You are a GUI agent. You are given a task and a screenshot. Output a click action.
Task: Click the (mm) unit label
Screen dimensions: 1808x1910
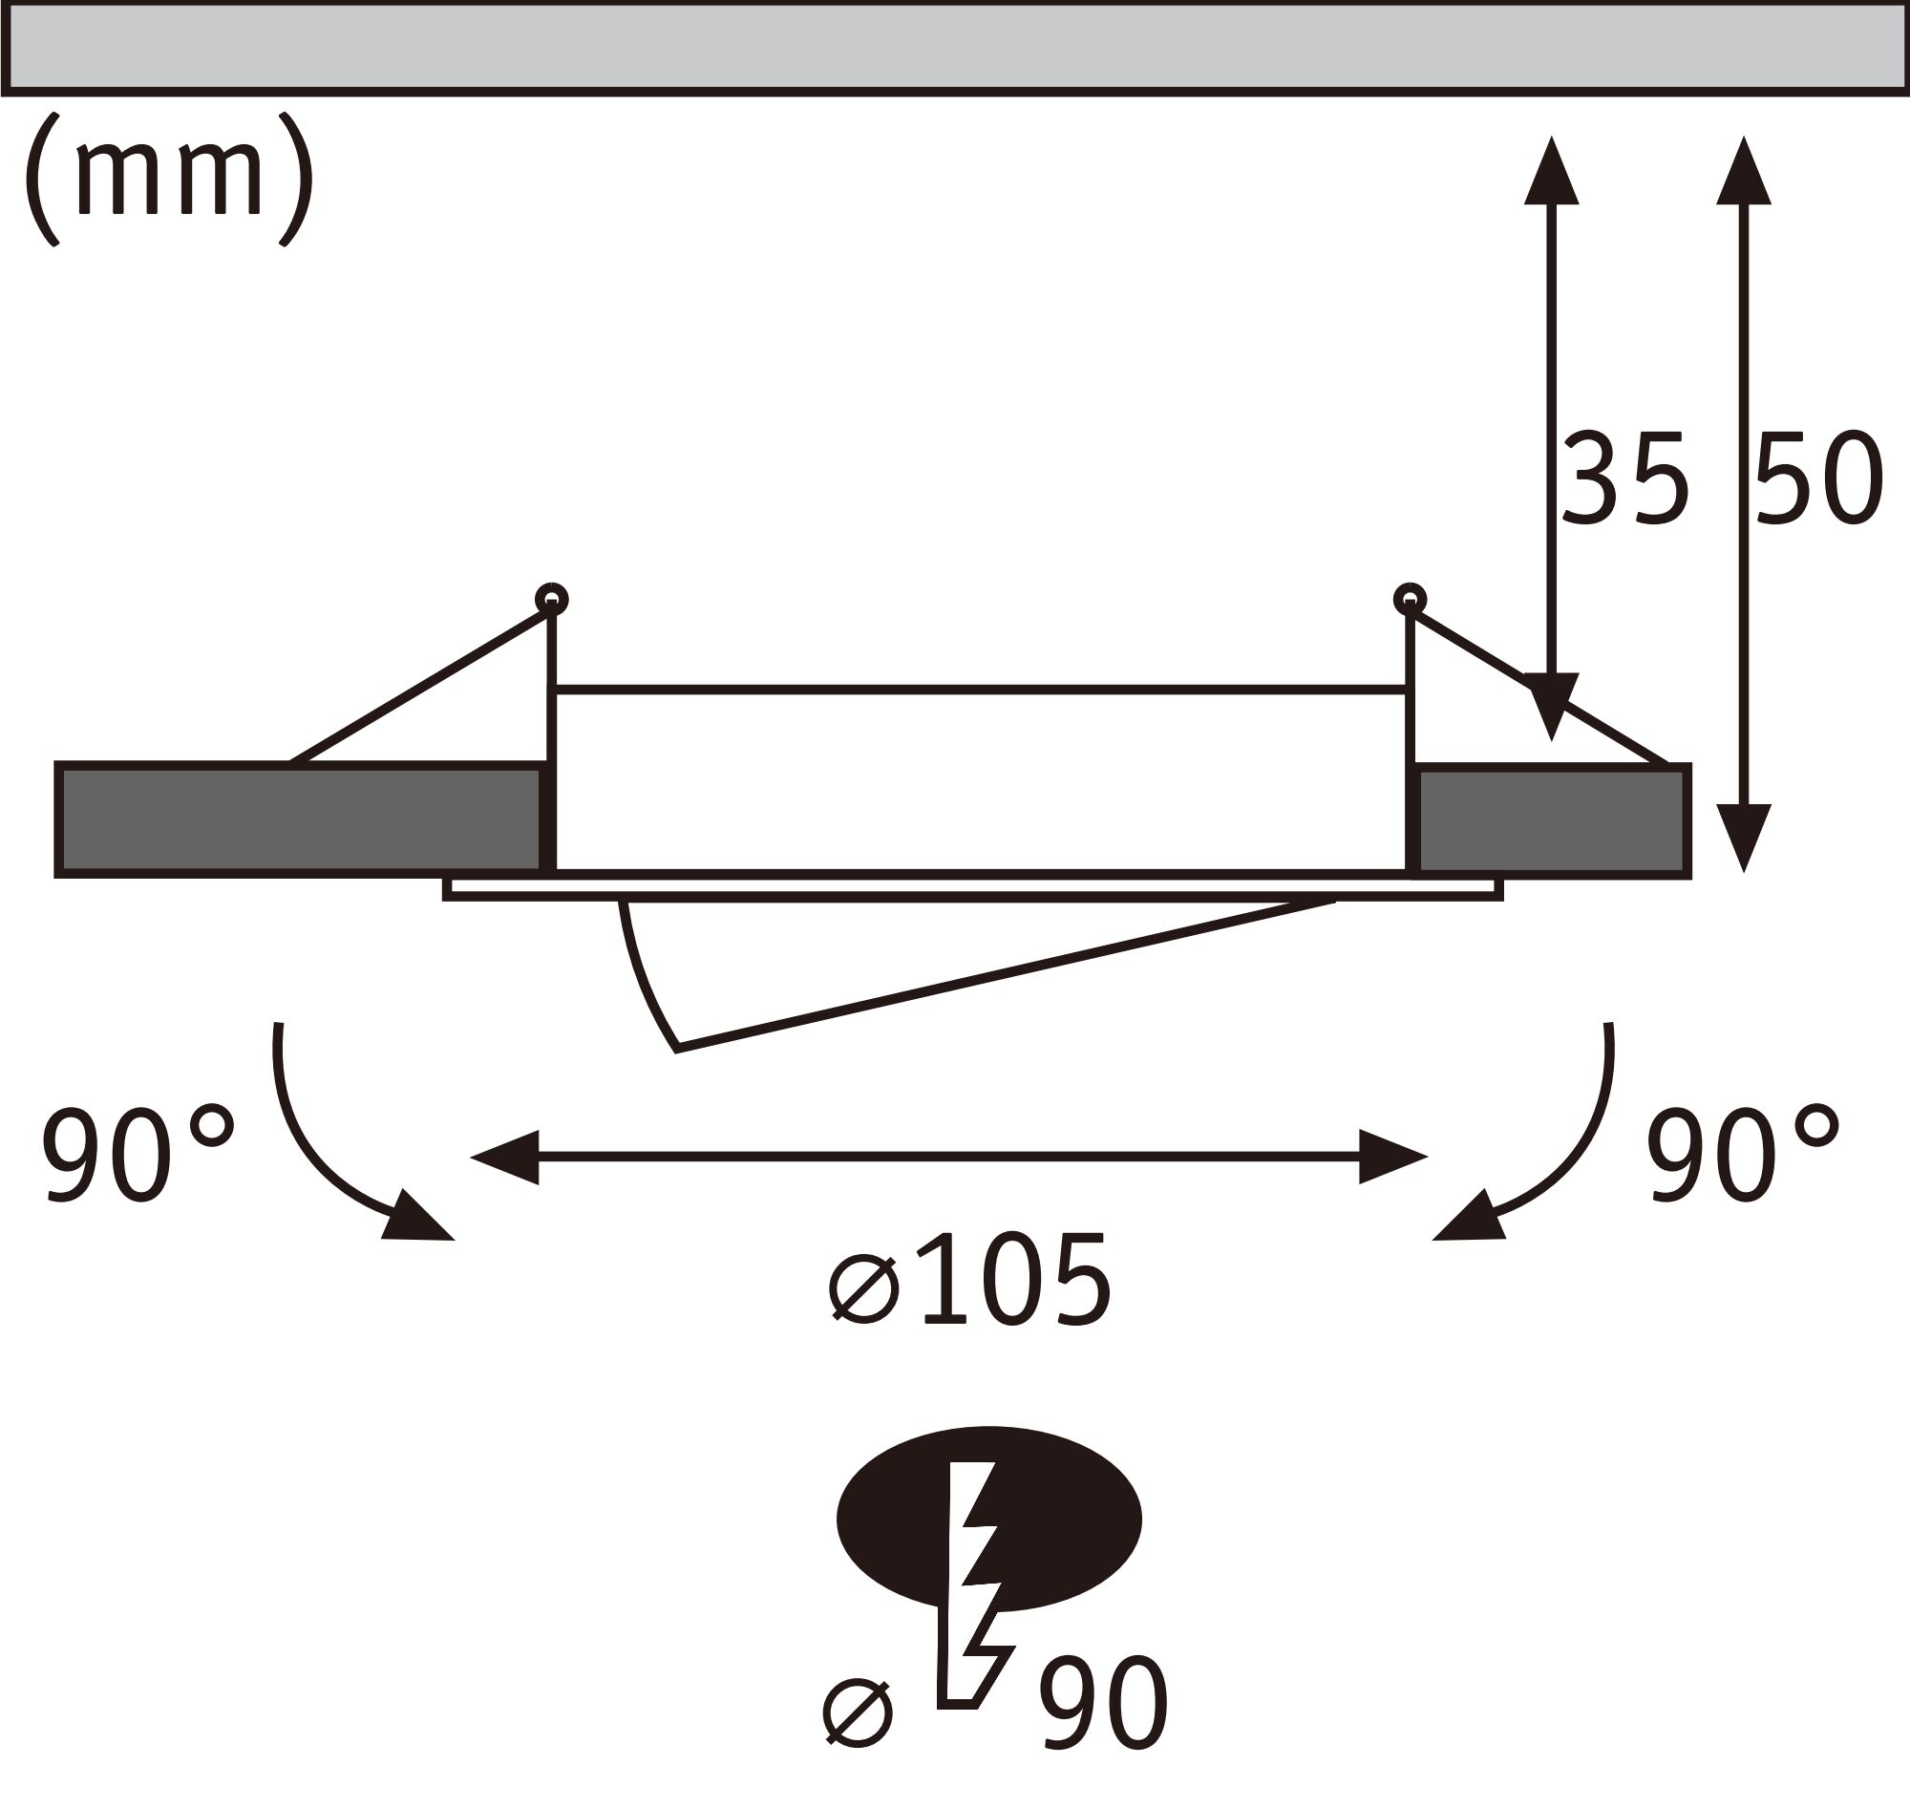point(169,179)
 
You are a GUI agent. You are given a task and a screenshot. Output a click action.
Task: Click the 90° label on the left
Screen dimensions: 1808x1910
point(137,1154)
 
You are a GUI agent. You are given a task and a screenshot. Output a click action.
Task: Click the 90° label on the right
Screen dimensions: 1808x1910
point(1742,1154)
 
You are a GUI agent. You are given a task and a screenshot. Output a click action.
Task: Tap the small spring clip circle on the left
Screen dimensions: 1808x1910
point(551,600)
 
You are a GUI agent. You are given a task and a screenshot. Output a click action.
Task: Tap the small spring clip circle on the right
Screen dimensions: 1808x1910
point(1410,599)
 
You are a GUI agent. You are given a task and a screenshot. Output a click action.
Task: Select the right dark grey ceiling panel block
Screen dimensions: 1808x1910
point(1552,820)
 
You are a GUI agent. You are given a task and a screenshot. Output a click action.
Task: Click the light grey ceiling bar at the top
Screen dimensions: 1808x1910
point(954,47)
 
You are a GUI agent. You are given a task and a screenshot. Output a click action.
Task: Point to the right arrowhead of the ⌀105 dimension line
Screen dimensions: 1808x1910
point(1391,1157)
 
